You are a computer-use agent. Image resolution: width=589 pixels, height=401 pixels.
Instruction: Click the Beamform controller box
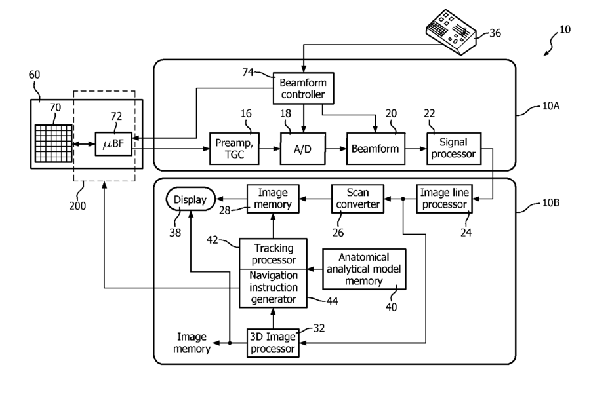click(303, 88)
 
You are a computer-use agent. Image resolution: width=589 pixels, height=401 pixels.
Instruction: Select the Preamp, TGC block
click(234, 149)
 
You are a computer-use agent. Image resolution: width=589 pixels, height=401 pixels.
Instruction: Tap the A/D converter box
click(303, 149)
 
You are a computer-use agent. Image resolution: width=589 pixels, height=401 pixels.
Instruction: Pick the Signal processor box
click(454, 149)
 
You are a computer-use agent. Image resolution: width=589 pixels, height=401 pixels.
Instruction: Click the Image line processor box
click(445, 199)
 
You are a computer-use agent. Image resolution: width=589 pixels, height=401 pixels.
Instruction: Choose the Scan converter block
click(357, 199)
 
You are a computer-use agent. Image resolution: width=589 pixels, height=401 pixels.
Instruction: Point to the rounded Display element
click(190, 199)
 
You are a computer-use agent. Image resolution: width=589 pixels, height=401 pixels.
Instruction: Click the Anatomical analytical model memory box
click(364, 269)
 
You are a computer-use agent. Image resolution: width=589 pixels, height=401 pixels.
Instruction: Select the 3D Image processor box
click(273, 343)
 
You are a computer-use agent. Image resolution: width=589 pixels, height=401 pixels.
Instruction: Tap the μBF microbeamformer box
click(113, 143)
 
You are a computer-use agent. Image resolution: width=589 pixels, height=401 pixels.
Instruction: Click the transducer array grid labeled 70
click(53, 143)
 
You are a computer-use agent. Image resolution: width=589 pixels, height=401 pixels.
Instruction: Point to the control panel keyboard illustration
click(451, 32)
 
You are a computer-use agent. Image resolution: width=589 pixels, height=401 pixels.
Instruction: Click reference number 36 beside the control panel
click(495, 33)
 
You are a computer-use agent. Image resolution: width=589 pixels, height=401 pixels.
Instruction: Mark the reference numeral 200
click(77, 206)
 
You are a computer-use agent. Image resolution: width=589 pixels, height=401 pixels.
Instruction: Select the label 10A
click(551, 106)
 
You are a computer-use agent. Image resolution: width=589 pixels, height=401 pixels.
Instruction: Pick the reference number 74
click(248, 72)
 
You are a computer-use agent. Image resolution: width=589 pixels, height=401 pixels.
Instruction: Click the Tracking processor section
click(274, 254)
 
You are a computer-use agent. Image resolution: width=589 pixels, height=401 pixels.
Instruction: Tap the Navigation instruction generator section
click(274, 288)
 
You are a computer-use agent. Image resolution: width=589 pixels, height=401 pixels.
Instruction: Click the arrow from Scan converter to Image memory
click(315, 199)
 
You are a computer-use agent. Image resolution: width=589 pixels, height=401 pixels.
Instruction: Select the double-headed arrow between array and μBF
click(83, 143)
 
